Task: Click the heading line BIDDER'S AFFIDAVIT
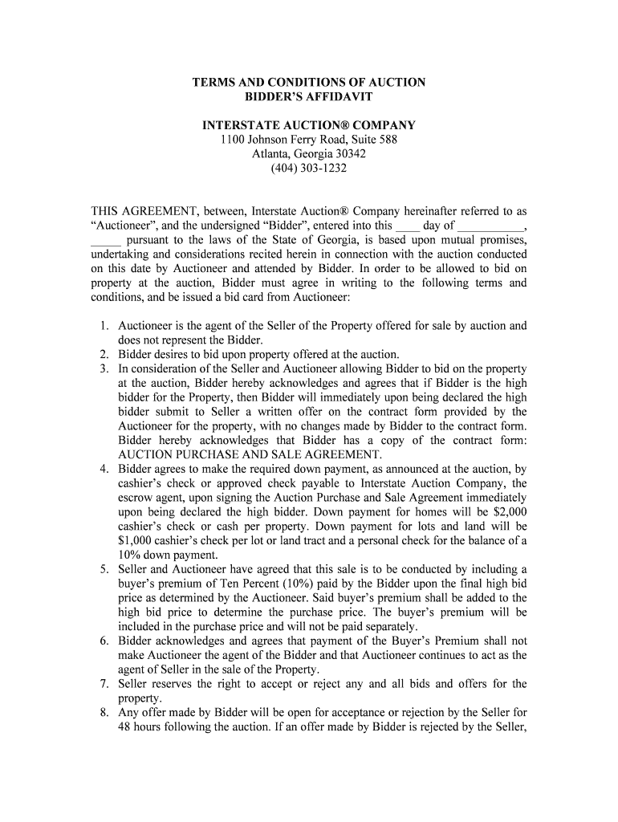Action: point(308,96)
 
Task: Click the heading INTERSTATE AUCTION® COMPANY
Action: point(308,125)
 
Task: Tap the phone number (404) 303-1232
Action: point(308,169)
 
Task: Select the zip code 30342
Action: point(347,154)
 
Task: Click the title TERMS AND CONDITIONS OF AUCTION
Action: point(308,82)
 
